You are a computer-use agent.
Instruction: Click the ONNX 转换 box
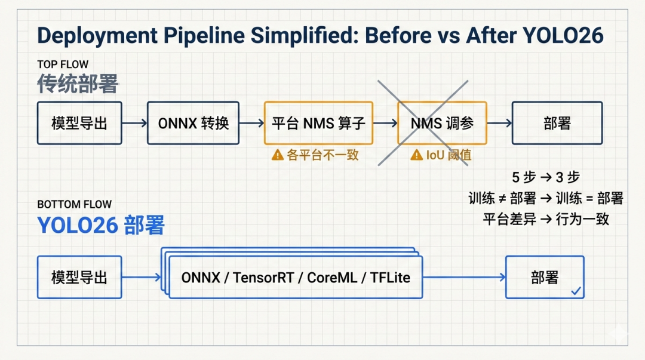point(193,123)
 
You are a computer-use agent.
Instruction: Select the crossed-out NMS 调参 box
point(442,123)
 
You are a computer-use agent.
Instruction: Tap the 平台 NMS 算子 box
point(318,123)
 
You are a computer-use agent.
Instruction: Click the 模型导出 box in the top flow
point(79,123)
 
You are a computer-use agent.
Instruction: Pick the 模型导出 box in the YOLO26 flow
point(79,277)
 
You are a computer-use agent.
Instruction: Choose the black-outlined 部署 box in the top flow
point(557,123)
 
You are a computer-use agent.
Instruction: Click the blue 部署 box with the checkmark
point(544,277)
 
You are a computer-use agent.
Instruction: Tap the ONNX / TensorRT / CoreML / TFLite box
point(296,277)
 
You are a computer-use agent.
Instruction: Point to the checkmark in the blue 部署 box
point(576,291)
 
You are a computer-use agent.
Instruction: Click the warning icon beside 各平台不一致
point(277,155)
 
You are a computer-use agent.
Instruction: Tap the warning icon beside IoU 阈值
point(416,155)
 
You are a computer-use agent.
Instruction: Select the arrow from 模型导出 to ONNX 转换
point(134,123)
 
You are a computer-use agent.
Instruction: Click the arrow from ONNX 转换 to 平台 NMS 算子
point(251,123)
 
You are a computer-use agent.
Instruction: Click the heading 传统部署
point(78,84)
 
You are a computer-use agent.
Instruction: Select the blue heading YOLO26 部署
point(100,225)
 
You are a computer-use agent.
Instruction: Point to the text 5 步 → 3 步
point(545,177)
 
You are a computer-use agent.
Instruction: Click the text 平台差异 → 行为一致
point(545,219)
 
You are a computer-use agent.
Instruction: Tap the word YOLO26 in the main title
point(563,36)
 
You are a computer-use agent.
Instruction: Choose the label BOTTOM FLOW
point(74,204)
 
